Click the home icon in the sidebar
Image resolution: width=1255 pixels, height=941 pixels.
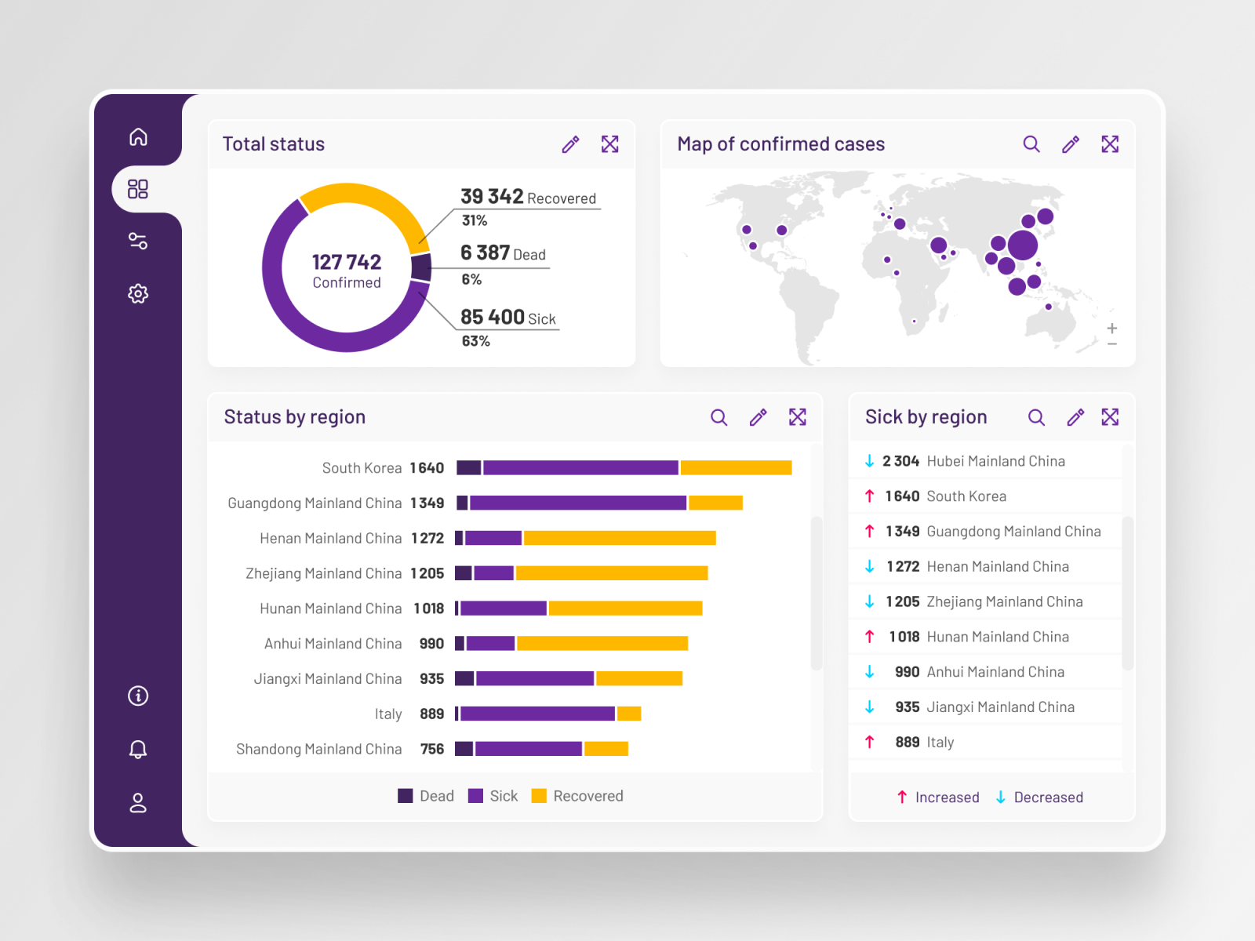[138, 137]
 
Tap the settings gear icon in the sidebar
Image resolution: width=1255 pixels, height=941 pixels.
[138, 293]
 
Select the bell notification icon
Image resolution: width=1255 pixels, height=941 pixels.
[138, 749]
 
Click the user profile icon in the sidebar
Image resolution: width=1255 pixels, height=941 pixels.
[138, 803]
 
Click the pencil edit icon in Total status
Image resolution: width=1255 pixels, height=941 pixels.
[570, 144]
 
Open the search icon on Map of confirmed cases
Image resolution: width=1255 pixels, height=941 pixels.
[1031, 144]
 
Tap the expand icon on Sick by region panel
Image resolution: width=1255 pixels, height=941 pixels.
[1110, 417]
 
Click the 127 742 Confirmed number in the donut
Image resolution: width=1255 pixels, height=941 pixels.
[347, 262]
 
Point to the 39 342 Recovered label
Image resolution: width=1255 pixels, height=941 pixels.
[527, 198]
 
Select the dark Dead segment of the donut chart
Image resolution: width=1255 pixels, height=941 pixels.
[421, 267]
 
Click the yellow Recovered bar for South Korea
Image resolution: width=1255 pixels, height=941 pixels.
[736, 468]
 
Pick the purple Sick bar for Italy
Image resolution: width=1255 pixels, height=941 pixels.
[538, 714]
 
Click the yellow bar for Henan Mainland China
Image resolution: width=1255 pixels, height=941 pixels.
[620, 538]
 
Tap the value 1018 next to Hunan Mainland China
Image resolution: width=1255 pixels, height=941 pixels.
[429, 609]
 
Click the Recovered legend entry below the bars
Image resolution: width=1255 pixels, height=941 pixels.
[578, 796]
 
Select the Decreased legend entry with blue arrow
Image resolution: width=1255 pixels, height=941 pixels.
[1039, 797]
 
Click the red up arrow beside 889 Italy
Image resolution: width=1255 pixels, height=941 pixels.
[869, 742]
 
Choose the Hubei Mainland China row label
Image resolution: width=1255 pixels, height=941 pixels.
[995, 461]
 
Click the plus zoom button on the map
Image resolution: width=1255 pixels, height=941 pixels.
[1111, 329]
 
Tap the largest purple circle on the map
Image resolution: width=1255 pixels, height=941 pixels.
[1022, 245]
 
